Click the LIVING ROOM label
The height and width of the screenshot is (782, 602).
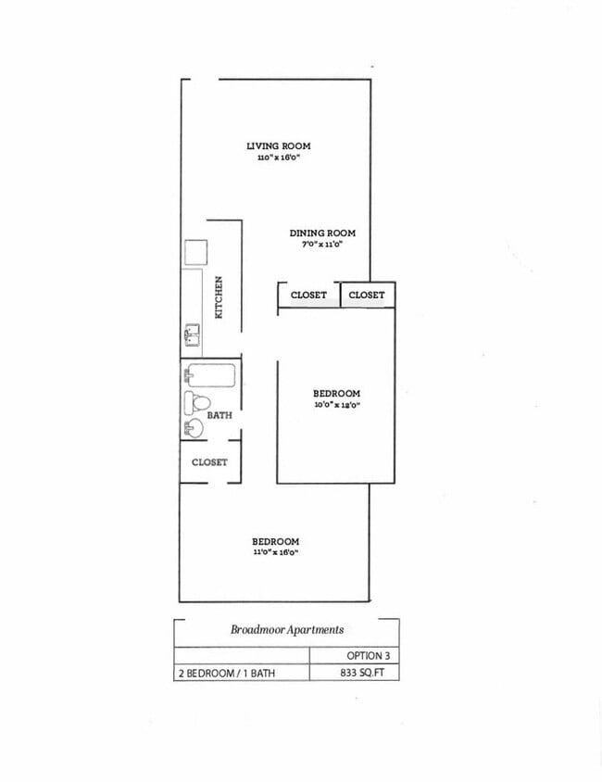[278, 145]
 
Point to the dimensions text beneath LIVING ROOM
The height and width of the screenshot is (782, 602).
[278, 158]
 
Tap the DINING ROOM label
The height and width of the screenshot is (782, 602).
[322, 233]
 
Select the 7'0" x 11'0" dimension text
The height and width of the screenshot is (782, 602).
[322, 245]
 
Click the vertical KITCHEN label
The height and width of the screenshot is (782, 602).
[219, 297]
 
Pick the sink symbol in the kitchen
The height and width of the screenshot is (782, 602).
[193, 334]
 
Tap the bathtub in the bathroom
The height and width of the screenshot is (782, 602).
[211, 376]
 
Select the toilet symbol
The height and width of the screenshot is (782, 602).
[196, 403]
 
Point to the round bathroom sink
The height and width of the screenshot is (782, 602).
[193, 428]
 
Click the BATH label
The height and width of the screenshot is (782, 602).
[219, 416]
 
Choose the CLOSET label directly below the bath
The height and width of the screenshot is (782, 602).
[209, 461]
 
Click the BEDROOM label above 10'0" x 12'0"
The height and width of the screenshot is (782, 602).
[336, 393]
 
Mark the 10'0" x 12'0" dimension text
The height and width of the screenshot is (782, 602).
[336, 405]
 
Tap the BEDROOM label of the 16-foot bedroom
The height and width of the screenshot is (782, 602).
[275, 541]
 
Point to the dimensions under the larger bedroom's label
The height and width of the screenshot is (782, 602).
[275, 553]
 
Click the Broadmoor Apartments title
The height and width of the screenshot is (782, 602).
[287, 629]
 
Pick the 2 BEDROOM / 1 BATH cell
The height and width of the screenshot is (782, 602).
[227, 674]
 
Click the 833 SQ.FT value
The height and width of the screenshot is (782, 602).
[367, 674]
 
